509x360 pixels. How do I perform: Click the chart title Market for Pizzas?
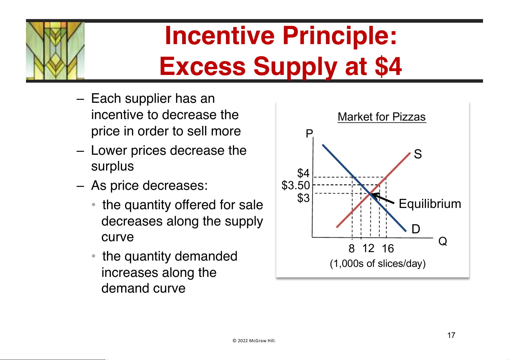tap(382, 117)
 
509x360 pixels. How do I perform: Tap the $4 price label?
tap(303, 173)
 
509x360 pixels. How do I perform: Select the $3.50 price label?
tap(296, 185)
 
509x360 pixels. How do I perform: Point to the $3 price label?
tap(303, 198)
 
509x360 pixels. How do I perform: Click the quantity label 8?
tap(352, 248)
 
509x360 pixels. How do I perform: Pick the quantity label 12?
tap(368, 248)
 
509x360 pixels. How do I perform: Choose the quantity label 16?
tap(388, 248)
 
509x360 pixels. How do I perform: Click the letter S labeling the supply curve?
tap(418, 154)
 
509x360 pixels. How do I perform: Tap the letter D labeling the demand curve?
tap(416, 229)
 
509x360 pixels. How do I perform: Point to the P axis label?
tap(309, 134)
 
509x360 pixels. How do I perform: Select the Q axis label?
tap(443, 241)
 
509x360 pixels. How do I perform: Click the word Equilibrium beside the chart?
tap(430, 203)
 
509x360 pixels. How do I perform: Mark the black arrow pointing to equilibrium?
tap(383, 198)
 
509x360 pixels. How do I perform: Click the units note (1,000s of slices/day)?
tap(378, 264)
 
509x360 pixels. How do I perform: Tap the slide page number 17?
tap(451, 335)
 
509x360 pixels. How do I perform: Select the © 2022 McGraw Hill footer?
tap(254, 341)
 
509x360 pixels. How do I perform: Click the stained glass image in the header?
tap(55, 51)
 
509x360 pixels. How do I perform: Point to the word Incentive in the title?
tap(220, 36)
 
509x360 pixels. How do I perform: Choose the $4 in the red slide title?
tap(388, 66)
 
